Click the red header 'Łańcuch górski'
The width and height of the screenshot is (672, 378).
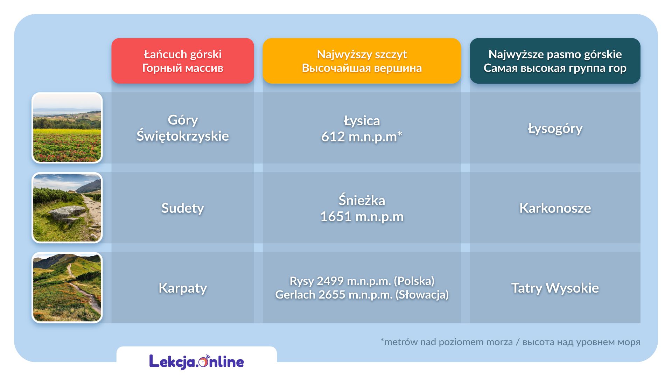[x=182, y=61]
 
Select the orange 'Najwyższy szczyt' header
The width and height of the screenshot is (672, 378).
[x=362, y=61]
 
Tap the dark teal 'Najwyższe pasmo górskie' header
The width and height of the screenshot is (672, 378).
[x=555, y=61]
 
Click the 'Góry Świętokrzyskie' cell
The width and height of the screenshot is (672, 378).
[x=182, y=128]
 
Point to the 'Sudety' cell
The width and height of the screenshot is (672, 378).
[x=182, y=208]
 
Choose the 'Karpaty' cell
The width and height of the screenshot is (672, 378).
[x=182, y=288]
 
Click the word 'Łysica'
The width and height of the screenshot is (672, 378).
[x=362, y=120]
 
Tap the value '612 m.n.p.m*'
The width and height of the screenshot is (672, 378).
[x=362, y=136]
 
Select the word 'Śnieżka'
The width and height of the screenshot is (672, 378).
[x=362, y=200]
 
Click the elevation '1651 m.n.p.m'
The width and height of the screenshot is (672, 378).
[x=362, y=216]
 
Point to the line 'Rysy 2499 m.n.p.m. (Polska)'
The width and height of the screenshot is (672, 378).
[x=362, y=281]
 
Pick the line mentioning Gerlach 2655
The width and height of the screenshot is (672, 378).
[x=362, y=295]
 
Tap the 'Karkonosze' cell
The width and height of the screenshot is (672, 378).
[x=555, y=208]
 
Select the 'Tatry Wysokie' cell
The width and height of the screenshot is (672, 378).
[x=555, y=288]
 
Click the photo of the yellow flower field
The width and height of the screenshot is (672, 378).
[x=67, y=128]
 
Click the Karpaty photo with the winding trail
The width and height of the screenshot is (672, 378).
[x=67, y=287]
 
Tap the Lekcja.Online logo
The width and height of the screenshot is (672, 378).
[x=196, y=362]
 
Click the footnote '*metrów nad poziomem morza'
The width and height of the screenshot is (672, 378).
[x=446, y=342]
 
